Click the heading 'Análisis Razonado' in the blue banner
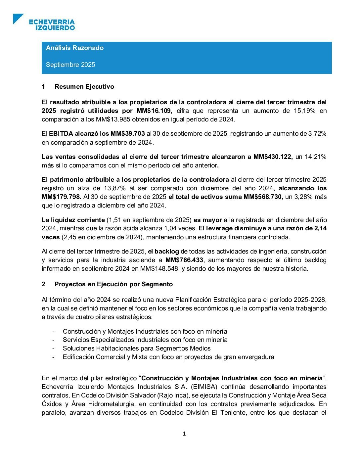(x=75, y=48)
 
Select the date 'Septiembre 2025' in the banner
(x=70, y=65)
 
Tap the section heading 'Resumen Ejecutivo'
(x=84, y=87)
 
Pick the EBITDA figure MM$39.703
(x=127, y=134)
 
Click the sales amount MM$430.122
(x=273, y=157)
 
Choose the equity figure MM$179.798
(x=61, y=197)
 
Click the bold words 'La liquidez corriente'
(x=73, y=220)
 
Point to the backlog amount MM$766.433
(x=184, y=260)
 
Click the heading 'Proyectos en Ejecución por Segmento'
(x=113, y=284)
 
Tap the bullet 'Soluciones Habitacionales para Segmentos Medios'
(x=137, y=349)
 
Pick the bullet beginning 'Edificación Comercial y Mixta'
(x=168, y=357)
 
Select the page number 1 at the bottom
(x=184, y=434)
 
